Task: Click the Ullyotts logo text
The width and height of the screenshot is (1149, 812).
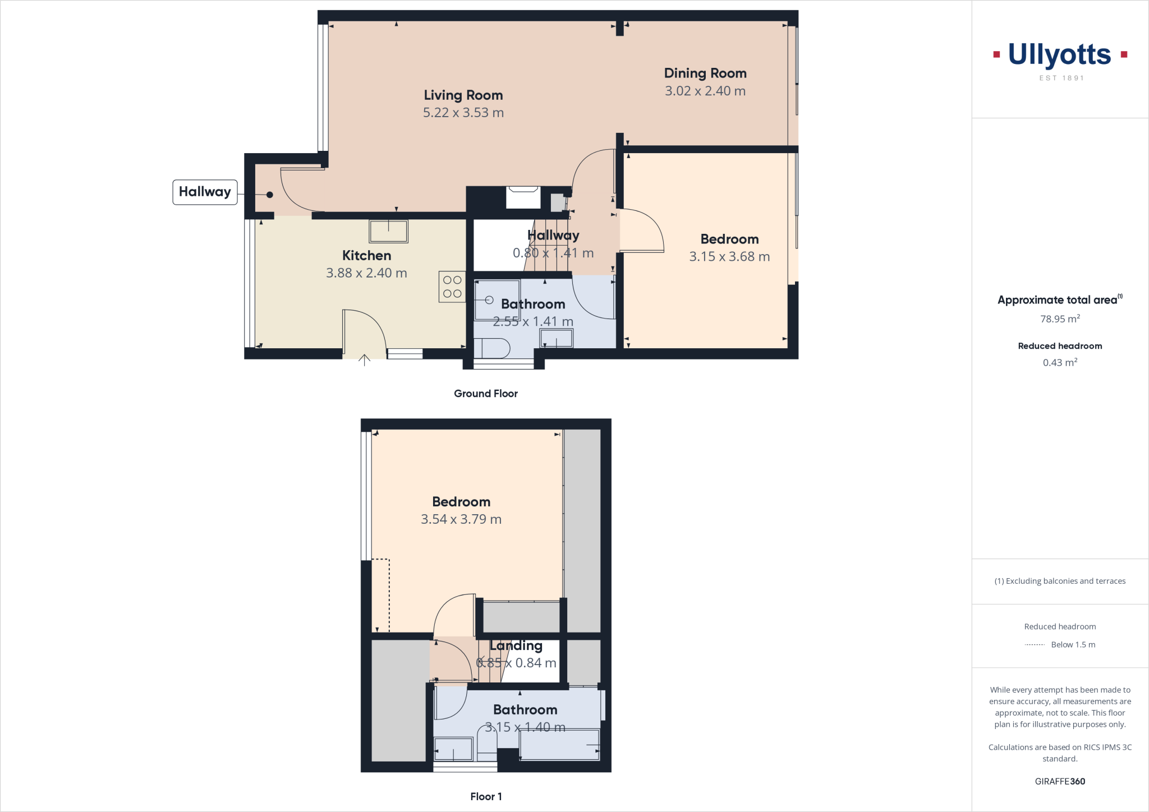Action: (x=1059, y=55)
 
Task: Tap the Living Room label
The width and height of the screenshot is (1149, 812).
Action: (x=463, y=95)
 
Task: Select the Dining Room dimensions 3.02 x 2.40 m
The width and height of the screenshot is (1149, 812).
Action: (x=705, y=91)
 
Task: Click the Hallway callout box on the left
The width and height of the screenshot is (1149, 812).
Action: (x=205, y=192)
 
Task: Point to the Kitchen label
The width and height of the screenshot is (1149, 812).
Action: (x=366, y=256)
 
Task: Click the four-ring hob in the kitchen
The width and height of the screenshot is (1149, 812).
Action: (x=452, y=287)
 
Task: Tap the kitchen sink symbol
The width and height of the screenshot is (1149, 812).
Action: (x=388, y=230)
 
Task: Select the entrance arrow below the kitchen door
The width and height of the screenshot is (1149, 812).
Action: (x=365, y=360)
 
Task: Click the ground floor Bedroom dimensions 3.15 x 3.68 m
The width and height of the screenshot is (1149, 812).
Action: (x=729, y=257)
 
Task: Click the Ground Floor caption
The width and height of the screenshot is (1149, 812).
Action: (x=485, y=394)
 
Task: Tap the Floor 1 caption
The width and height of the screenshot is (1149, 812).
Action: (x=486, y=796)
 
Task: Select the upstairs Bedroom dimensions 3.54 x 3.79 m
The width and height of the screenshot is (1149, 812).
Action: (x=461, y=519)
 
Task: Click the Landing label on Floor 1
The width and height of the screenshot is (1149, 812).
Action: (x=516, y=646)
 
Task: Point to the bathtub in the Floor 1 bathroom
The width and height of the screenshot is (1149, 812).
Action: (x=559, y=745)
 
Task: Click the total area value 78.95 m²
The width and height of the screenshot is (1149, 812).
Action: (x=1060, y=319)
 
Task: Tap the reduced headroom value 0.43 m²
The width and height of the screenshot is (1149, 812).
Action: (x=1060, y=363)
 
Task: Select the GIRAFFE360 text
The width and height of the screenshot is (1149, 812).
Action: (x=1060, y=781)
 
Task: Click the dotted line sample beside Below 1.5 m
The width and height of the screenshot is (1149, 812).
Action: (x=1034, y=645)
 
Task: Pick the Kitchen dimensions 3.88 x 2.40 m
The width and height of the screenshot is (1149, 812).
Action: (x=366, y=273)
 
